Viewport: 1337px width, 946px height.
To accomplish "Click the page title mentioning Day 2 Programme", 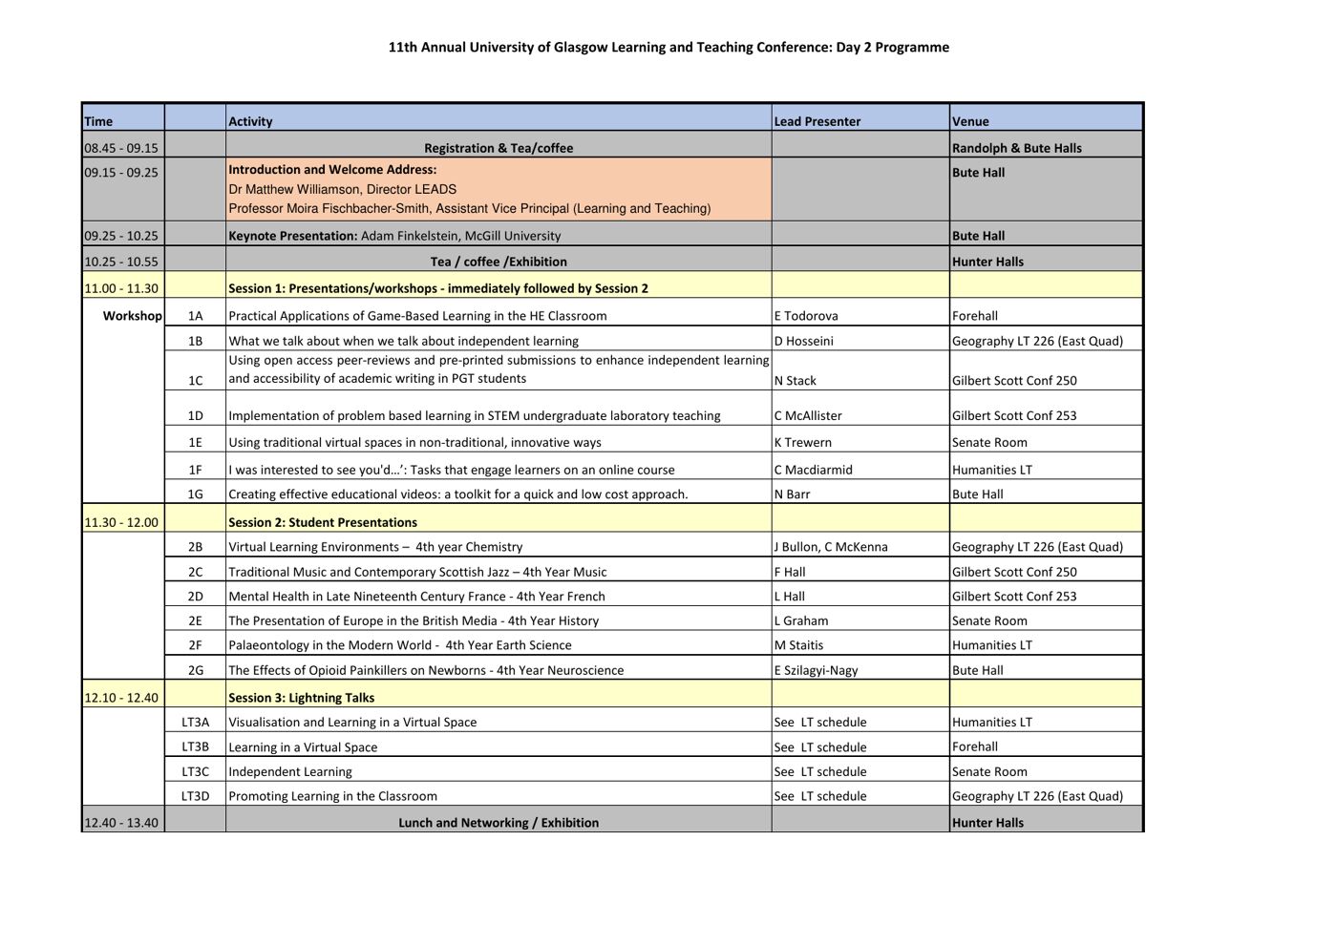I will click(x=668, y=48).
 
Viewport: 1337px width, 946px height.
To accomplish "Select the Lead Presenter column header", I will click(x=817, y=121).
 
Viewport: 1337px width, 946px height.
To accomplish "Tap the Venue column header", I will click(x=970, y=121).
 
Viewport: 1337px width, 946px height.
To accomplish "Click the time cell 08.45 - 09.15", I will click(x=121, y=148).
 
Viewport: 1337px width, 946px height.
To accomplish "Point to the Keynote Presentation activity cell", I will click(x=394, y=236).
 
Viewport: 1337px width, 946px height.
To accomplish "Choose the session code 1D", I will click(x=195, y=416).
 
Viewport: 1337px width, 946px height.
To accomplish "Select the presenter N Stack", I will click(x=796, y=381).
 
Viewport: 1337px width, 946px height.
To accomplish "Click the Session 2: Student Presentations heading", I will click(x=323, y=522).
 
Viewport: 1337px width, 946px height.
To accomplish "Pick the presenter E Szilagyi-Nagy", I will click(x=817, y=670).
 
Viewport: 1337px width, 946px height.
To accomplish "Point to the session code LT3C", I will click(x=195, y=771).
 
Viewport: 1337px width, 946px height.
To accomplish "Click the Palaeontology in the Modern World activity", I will click(x=400, y=645).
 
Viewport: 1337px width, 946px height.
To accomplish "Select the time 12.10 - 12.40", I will click(x=121, y=698).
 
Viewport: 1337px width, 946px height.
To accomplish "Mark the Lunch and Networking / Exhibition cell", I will click(x=499, y=823).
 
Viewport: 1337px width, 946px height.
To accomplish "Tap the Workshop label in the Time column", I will click(x=132, y=316).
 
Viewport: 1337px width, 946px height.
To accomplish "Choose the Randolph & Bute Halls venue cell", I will click(x=1017, y=148).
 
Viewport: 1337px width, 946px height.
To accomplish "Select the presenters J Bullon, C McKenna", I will click(x=831, y=547).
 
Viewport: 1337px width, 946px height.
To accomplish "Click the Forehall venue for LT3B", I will click(x=975, y=746).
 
